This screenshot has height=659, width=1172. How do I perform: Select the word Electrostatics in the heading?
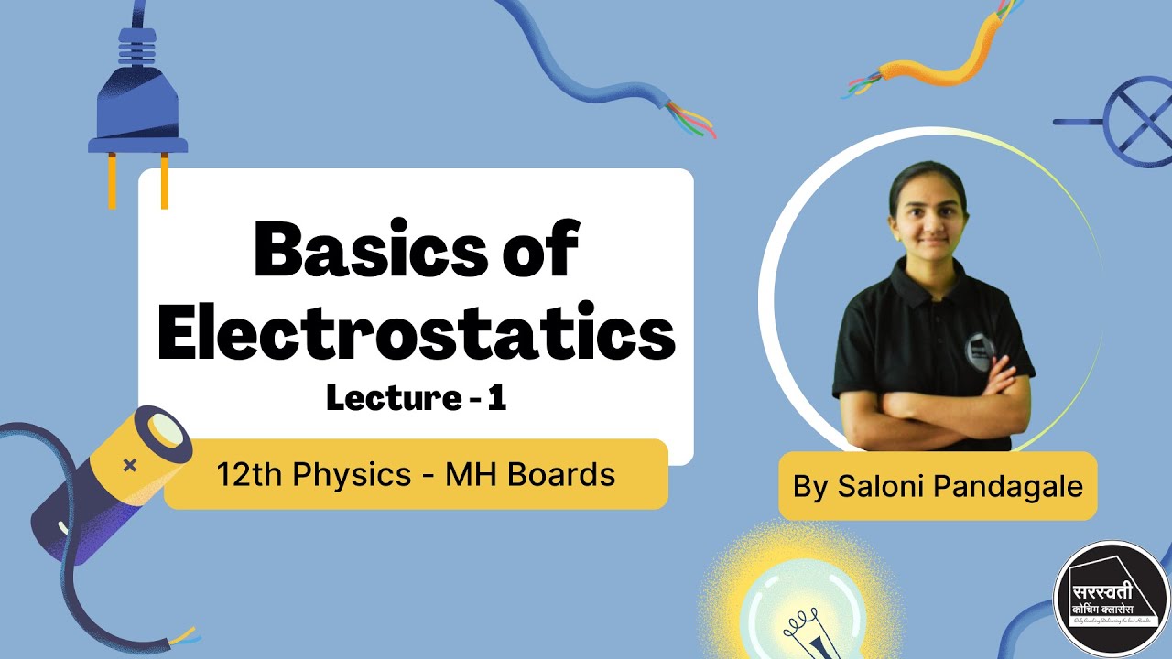[417, 334]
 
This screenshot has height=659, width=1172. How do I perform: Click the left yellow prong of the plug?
[113, 180]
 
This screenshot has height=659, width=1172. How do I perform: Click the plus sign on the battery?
[130, 466]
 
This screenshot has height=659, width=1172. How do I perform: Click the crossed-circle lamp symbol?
[1136, 121]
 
